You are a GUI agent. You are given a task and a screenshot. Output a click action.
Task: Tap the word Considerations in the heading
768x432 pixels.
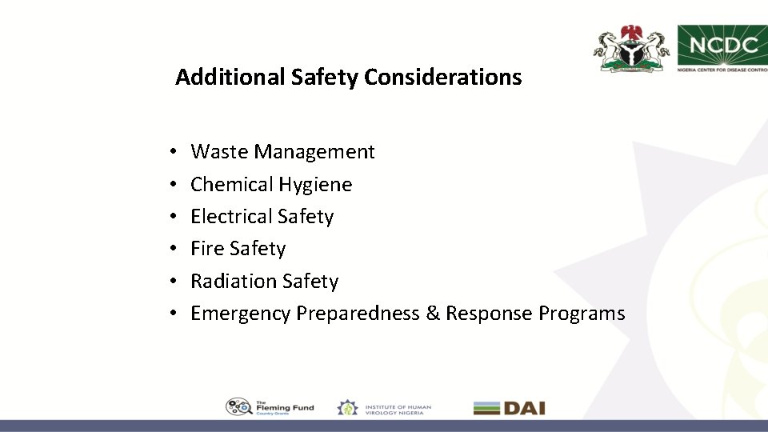pos(442,78)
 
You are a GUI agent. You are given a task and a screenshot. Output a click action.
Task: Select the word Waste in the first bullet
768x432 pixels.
pos(216,152)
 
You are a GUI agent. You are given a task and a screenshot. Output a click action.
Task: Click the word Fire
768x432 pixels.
pos(207,249)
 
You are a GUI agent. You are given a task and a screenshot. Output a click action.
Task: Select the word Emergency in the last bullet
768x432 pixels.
pos(240,314)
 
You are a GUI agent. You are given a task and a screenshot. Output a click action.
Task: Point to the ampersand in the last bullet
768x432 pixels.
pos(433,314)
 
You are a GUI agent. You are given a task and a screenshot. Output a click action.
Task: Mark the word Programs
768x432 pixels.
pos(582,314)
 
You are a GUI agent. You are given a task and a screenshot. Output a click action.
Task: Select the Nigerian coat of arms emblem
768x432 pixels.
pos(631,49)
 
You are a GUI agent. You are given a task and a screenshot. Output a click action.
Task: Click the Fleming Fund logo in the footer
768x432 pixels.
pos(270,407)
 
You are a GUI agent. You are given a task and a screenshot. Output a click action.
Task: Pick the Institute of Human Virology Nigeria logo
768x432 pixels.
pos(384,408)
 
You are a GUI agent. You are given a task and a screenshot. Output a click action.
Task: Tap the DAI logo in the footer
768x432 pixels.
pos(509,408)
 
